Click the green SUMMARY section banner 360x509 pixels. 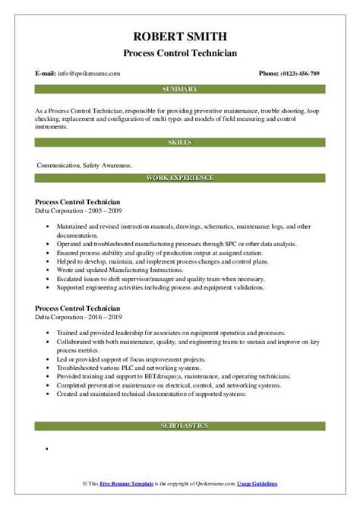180,89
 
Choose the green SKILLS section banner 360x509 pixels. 180,141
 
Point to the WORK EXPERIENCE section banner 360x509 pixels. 180,179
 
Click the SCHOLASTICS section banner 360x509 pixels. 180,426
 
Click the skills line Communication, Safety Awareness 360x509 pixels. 83,163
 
